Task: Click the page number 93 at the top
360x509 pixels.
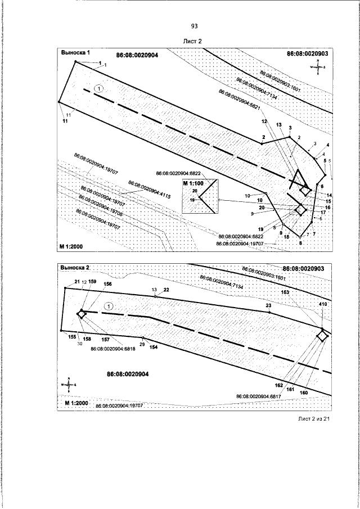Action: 194,26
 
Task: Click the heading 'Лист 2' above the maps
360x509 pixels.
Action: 192,41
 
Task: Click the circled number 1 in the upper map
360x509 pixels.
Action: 99,88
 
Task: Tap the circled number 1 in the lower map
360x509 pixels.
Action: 109,305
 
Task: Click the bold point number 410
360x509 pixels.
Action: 323,304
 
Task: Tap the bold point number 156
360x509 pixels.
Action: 108,284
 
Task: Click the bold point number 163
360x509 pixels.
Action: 285,292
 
